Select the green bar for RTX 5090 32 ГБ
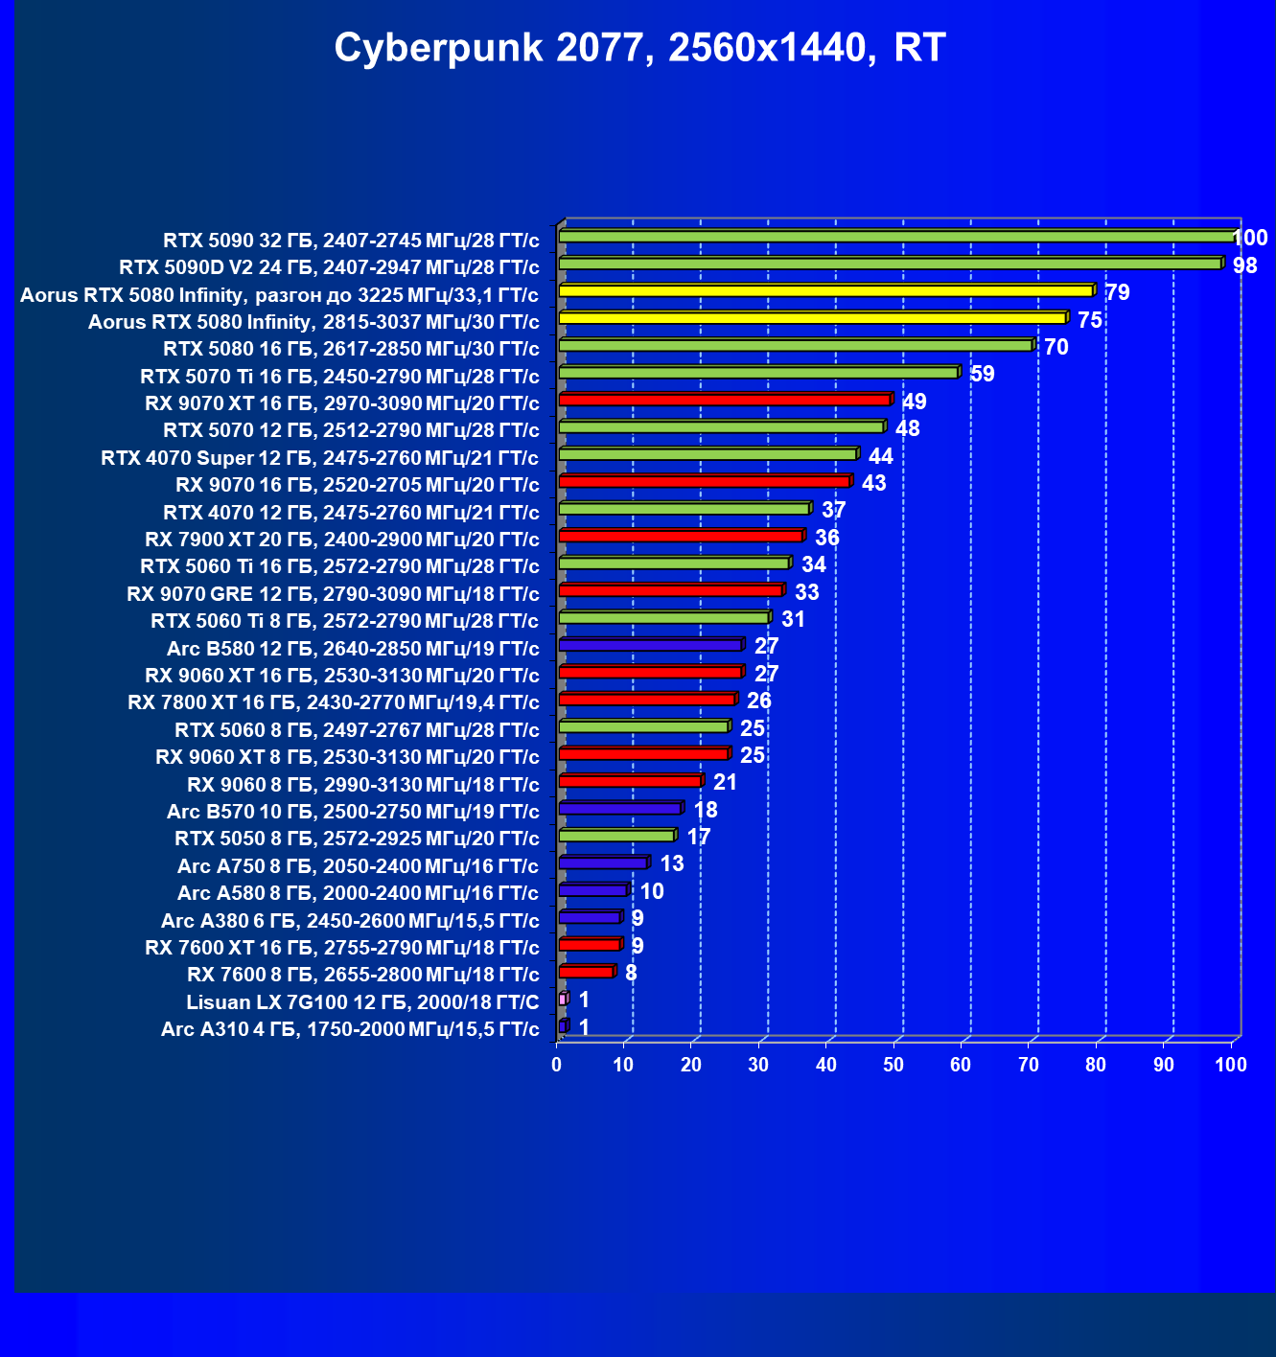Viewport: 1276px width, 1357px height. tap(897, 236)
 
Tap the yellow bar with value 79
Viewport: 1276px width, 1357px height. tap(826, 290)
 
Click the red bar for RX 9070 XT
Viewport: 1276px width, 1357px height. tap(726, 399)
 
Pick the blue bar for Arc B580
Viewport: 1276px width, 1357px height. tap(651, 644)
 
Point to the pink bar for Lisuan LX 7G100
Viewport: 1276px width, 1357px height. tap(564, 999)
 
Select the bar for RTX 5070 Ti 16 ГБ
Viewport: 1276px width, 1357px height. tap(759, 372)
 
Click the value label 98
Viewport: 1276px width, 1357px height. tap(1244, 265)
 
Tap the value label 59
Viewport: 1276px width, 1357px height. tap(982, 374)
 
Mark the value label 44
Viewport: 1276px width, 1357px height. tap(881, 456)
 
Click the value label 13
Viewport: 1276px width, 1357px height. tap(671, 863)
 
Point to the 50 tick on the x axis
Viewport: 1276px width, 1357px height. tap(893, 1065)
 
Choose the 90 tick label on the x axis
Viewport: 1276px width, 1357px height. tap(1163, 1065)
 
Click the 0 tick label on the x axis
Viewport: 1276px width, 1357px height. tap(557, 1065)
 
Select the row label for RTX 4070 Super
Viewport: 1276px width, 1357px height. tap(319, 458)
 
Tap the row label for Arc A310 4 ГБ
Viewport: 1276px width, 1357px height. tap(349, 1029)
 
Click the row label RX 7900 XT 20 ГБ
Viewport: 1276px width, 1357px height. tap(342, 540)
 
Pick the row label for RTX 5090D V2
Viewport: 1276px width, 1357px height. tap(329, 267)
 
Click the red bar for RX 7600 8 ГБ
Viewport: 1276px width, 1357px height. tap(588, 972)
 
